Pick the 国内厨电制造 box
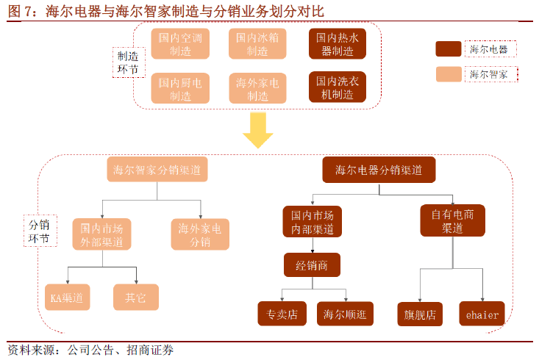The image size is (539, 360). click(180, 88)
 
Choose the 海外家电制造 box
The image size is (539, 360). click(257, 88)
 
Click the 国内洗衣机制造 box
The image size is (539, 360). click(338, 87)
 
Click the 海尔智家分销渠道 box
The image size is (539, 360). click(157, 170)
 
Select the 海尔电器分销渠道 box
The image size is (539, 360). click(379, 170)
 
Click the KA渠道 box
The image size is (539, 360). click(66, 297)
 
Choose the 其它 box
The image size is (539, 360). click(135, 297)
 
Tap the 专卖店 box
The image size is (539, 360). click(282, 314)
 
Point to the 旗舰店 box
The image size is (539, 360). click(421, 314)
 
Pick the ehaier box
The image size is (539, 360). click(482, 314)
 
